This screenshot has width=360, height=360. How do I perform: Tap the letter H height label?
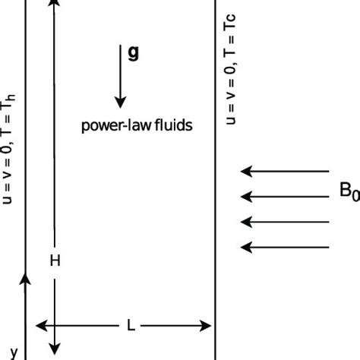54,261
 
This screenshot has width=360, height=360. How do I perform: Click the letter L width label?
131,326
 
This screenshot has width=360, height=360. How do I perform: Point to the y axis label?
13,352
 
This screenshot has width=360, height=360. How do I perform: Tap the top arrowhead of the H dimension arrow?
54,4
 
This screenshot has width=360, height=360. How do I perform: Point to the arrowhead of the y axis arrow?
25,279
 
